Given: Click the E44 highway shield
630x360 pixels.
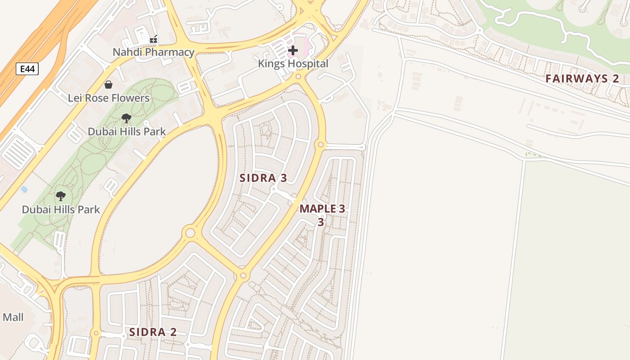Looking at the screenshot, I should coord(27,69).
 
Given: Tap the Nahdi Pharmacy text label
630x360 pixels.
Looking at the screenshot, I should coord(153,52).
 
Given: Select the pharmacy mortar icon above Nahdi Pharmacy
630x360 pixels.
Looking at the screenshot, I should coord(153,40).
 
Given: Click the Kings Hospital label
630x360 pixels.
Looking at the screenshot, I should coord(293,64).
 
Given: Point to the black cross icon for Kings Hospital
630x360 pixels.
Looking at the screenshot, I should coord(293,50).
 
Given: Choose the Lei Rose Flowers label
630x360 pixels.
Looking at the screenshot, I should coord(108,98).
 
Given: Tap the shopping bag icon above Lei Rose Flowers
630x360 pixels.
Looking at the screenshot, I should coord(108,85).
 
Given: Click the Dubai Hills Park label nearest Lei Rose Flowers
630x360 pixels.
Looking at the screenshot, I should coord(126,132).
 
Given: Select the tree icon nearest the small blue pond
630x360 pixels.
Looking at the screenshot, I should coord(60,196).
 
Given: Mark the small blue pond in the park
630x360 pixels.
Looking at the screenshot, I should coord(24,189).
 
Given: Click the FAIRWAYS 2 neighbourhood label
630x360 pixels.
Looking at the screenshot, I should coord(582,79).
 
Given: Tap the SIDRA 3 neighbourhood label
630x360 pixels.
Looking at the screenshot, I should coord(263,178).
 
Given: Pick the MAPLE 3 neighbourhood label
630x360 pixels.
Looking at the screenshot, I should coord(322,209).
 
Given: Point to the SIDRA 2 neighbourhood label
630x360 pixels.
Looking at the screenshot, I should coord(153,333).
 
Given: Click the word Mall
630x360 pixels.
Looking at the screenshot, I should coord(13,318).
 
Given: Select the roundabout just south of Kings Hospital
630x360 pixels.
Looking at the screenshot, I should coord(298,77).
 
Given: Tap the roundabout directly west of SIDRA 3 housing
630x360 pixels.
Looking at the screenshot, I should coord(190,233).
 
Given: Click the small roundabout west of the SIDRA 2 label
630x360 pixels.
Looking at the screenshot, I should coord(95,333).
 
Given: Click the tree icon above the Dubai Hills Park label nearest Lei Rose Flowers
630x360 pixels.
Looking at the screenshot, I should coord(126,118).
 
